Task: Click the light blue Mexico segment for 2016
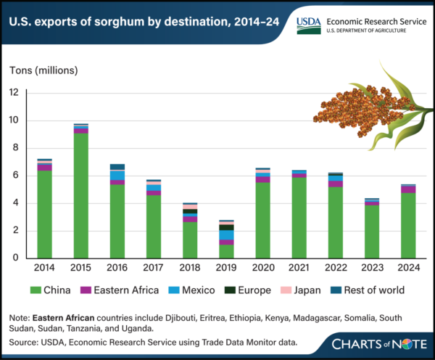tap(117, 175)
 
